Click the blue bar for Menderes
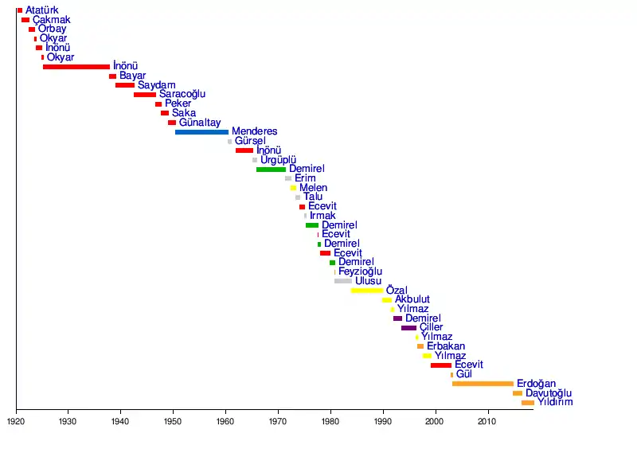201,131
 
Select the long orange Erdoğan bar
483,384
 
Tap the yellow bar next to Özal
366,291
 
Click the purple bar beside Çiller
408,328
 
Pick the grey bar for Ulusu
342,281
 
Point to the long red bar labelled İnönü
76,67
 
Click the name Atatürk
41,10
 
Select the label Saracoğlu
182,94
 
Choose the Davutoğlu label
548,393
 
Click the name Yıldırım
554,403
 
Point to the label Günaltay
199,123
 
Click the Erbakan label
445,346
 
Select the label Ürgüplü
278,160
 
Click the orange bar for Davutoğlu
518,393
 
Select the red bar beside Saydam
125,85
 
